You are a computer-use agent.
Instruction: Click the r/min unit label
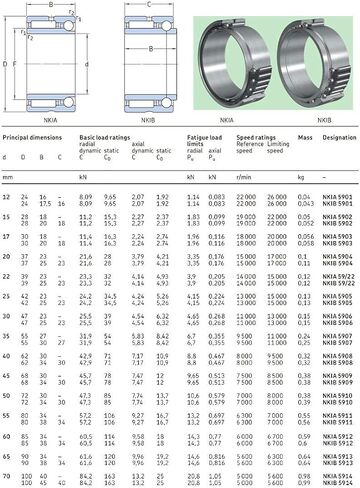click(x=246, y=176)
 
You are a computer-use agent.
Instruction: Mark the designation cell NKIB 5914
click(x=339, y=484)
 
